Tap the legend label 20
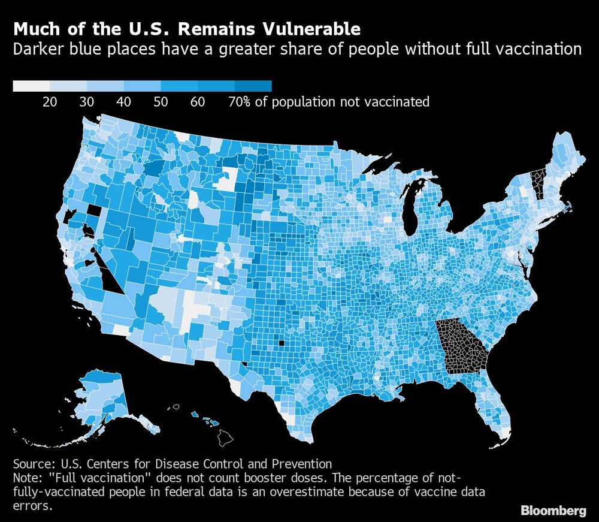(50, 102)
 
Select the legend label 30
(87, 102)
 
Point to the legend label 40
(123, 102)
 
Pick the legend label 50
(161, 102)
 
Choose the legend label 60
(198, 102)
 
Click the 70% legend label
(240, 102)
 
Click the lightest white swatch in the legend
(31, 86)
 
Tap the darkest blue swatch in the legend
(253, 86)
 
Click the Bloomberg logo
(553, 511)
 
